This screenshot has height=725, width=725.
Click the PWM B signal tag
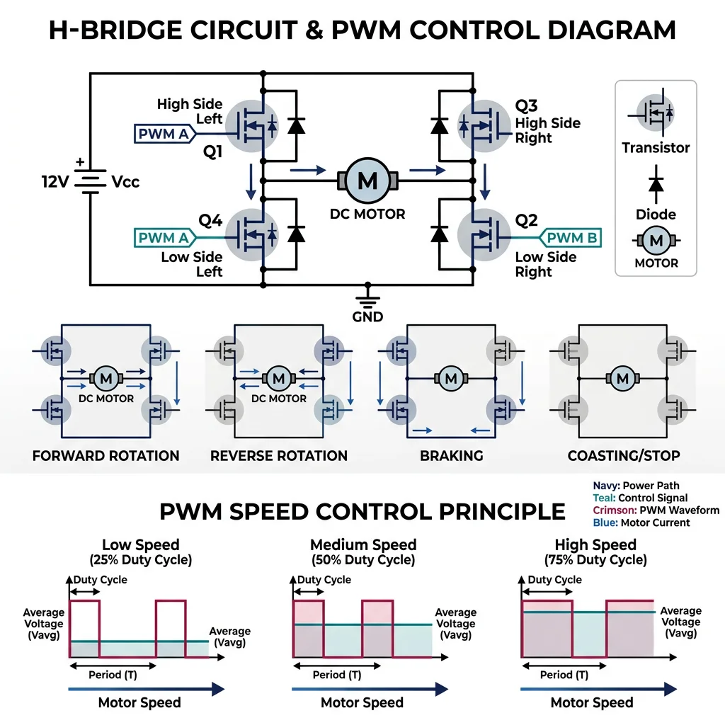click(x=571, y=238)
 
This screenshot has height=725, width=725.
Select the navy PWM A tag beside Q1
click(x=164, y=133)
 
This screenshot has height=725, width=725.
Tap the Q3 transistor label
click(x=526, y=106)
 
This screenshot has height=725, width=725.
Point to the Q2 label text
click(x=526, y=220)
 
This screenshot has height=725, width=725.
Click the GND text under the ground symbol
click(x=367, y=316)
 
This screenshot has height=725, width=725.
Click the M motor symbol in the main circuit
click(x=367, y=181)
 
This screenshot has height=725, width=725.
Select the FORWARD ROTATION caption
click(x=105, y=455)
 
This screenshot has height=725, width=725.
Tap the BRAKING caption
click(x=451, y=455)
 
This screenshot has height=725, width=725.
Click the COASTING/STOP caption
click(x=624, y=455)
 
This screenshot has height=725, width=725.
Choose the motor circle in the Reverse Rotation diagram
click(x=278, y=379)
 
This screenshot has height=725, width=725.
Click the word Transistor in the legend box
click(x=656, y=148)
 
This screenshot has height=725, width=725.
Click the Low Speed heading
click(x=140, y=544)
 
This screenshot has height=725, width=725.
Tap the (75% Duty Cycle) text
click(x=595, y=560)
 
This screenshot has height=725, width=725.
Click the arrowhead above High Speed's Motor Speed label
click(x=669, y=689)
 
